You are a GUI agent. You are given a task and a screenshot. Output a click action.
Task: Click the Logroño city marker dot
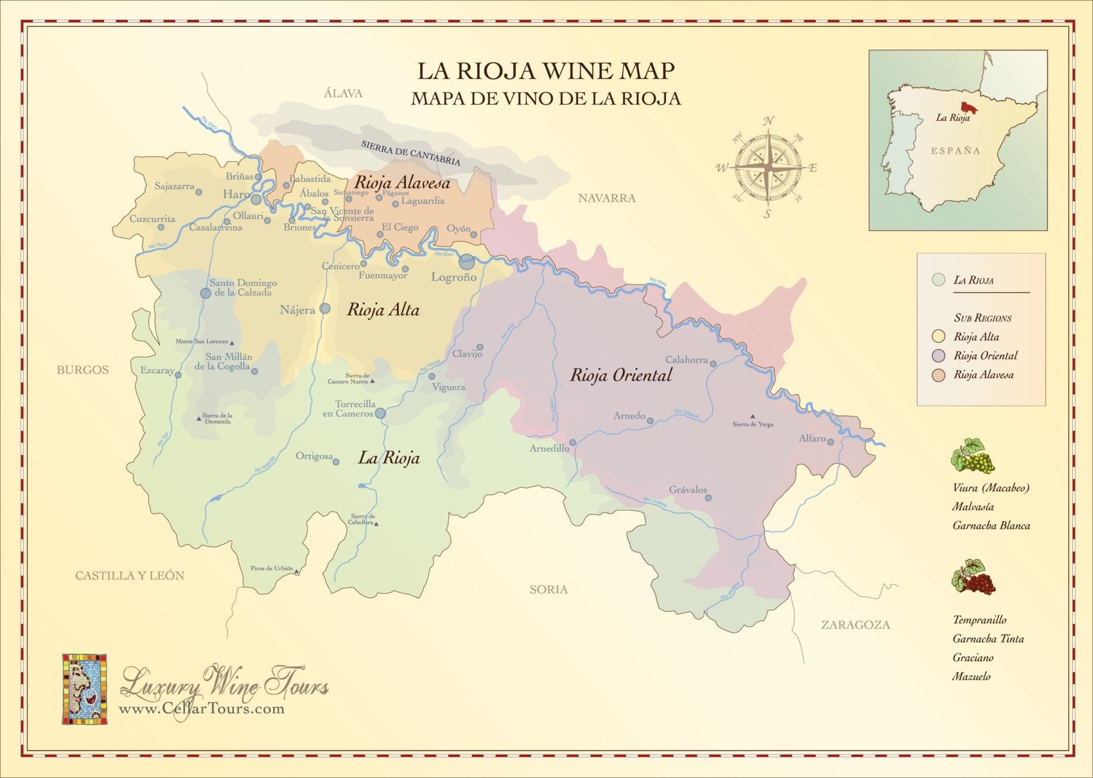[x=466, y=262]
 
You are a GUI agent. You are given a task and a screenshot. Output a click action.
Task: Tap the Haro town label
[x=236, y=194]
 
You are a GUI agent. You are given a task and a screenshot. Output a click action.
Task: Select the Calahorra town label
[x=686, y=359]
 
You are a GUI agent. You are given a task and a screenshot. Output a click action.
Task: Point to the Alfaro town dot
[x=830, y=441]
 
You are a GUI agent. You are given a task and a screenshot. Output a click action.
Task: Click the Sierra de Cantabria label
[x=410, y=153]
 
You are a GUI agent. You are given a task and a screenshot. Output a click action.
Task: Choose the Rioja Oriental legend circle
[x=939, y=356]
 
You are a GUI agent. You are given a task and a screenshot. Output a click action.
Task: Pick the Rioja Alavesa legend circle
[x=939, y=375]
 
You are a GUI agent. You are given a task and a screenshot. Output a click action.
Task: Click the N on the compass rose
[x=769, y=121]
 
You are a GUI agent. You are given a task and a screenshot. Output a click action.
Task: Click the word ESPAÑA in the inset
[x=956, y=151]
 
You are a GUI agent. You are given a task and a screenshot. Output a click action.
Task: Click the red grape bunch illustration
[x=973, y=577]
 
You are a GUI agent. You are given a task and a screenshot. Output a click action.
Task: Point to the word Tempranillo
[x=979, y=619]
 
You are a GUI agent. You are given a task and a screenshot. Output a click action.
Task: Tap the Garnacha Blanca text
[x=991, y=525]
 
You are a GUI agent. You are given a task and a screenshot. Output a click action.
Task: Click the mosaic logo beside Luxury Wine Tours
[x=84, y=688]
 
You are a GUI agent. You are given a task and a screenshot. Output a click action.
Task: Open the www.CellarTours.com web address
[x=201, y=709]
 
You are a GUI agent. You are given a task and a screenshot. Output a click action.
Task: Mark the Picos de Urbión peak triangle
[x=297, y=572]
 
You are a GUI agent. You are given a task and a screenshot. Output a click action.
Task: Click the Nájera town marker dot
[x=324, y=309]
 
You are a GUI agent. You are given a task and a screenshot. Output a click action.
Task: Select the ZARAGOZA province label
[x=855, y=625]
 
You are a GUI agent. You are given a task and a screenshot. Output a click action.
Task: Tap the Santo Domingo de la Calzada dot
[x=205, y=293]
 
